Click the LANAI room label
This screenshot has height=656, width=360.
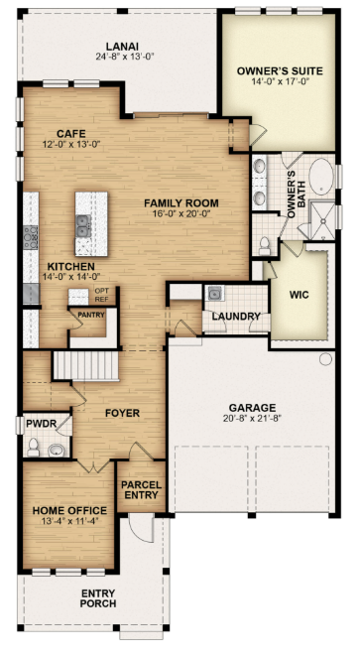122,47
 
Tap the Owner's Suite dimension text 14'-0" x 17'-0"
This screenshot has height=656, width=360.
280,81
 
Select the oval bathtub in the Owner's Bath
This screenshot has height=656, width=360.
322,177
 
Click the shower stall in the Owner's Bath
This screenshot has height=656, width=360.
321,221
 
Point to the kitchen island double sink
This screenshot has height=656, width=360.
83,226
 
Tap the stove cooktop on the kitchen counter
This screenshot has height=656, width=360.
30,237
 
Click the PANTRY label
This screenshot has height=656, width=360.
90,315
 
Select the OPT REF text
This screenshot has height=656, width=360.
101,295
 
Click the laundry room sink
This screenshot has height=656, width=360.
214,294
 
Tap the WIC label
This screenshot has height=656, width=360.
299,295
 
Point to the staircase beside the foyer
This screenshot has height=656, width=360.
85,365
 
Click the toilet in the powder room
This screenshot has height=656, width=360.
34,448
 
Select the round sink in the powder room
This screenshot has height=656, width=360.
56,451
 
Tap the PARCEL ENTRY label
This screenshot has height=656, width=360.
142,490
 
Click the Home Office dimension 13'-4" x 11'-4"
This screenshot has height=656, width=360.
69,521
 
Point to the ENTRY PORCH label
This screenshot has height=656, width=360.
98,598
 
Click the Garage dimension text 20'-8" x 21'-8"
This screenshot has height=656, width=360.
252,418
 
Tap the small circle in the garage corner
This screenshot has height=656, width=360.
325,359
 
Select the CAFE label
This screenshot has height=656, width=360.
71,134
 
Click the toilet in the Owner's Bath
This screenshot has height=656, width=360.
265,246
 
